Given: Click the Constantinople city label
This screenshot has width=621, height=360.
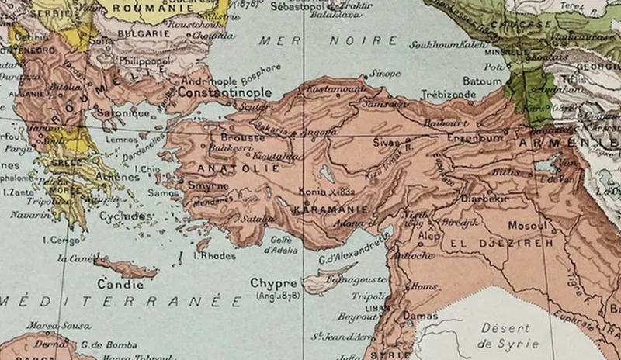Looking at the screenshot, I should point(225,92).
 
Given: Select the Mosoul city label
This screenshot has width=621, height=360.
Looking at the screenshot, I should point(527,225).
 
